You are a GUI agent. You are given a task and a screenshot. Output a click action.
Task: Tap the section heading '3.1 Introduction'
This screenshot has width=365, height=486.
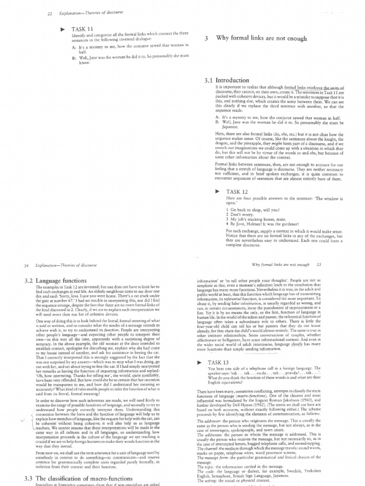pyautogui.click(x=226, y=81)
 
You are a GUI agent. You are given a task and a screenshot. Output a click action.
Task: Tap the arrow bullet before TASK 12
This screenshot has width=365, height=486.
pyautogui.click(x=217, y=191)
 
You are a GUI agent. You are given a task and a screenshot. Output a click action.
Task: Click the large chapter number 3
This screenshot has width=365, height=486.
pyautogui.click(x=206, y=39)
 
